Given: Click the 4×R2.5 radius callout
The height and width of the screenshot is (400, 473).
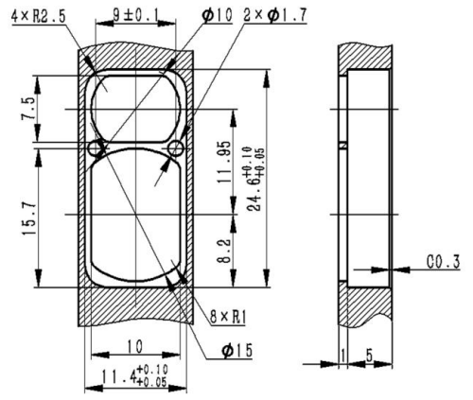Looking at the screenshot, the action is click(x=39, y=16).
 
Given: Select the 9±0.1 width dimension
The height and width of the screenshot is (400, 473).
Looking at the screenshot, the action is click(x=135, y=15).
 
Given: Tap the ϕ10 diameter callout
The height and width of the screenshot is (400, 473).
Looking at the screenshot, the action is click(x=218, y=15).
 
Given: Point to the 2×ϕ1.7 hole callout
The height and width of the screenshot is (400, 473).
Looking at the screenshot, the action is click(x=275, y=15).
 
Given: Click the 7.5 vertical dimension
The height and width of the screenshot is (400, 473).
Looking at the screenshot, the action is click(x=28, y=109).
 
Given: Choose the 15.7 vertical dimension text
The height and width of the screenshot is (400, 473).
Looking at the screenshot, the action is click(x=28, y=219).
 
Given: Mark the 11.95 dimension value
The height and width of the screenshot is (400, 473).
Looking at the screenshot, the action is click(x=224, y=163).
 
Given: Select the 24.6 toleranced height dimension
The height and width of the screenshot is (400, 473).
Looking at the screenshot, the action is click(x=254, y=179).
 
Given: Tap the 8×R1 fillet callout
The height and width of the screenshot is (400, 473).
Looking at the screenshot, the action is click(x=228, y=317).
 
